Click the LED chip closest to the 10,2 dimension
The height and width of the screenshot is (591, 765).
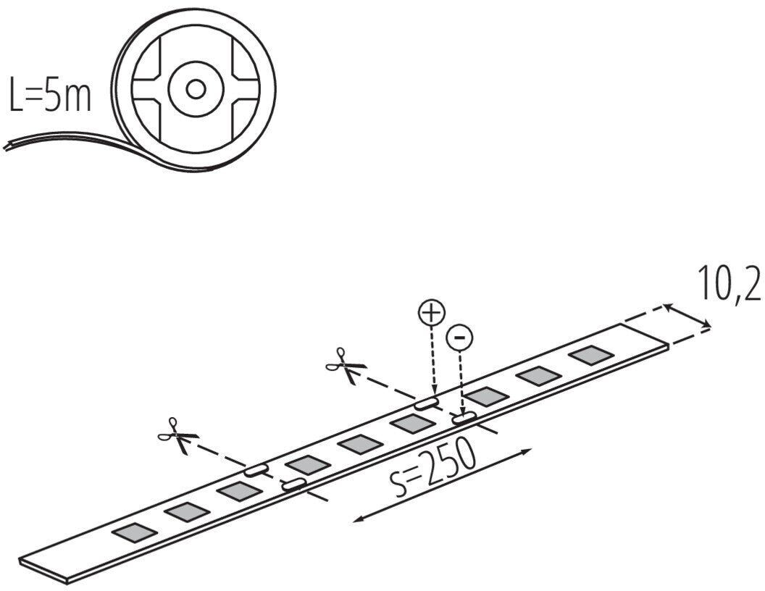590,355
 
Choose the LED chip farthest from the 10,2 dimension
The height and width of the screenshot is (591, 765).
135,533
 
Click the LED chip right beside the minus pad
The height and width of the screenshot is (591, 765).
485,395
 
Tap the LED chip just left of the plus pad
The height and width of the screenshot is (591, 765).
411,424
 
